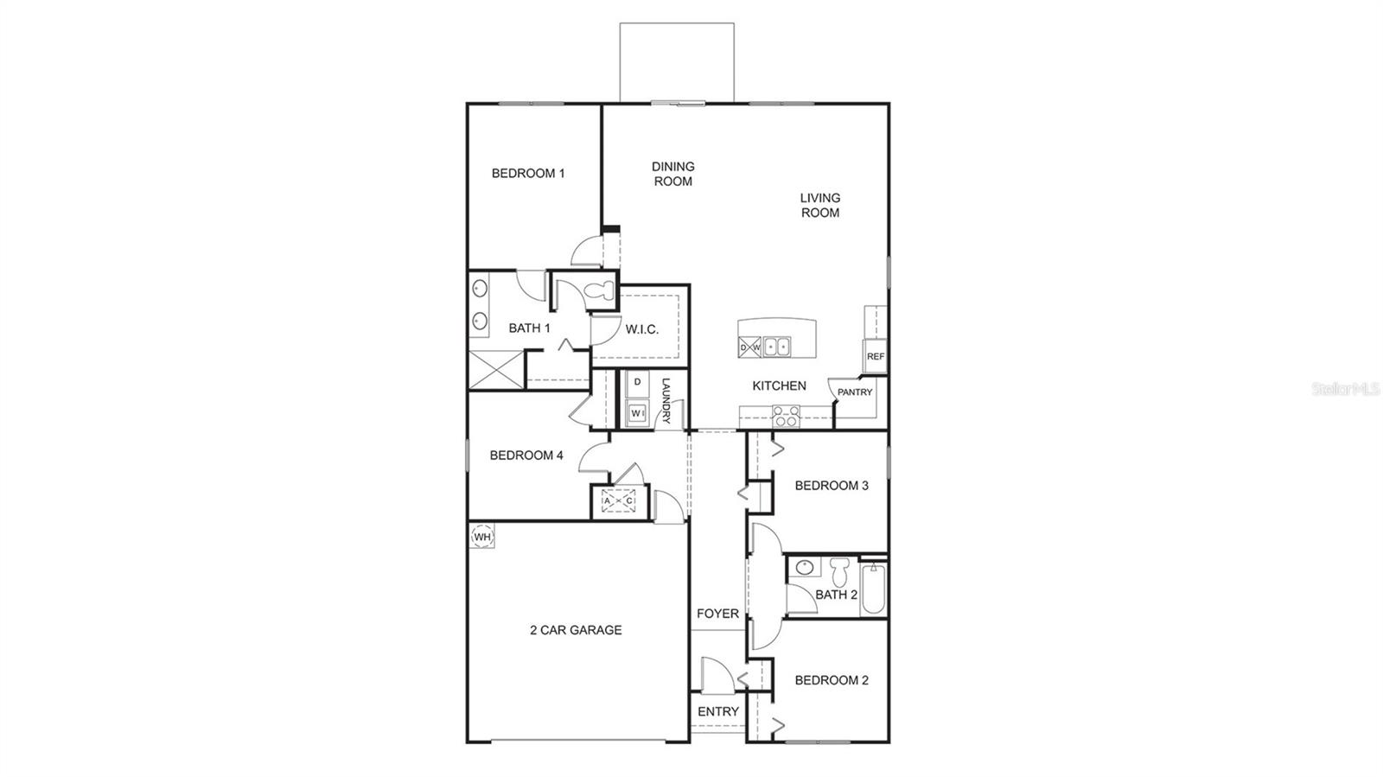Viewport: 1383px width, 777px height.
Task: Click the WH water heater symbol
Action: [x=482, y=537]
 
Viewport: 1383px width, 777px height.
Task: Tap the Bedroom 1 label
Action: [x=528, y=173]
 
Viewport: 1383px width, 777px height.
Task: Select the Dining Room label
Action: [x=673, y=174]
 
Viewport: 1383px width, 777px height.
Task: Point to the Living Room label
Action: [x=819, y=205]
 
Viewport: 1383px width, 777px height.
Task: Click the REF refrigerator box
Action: [x=875, y=356]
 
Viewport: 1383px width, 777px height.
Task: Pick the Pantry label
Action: [x=855, y=392]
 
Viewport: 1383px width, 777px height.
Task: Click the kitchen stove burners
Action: [x=785, y=417]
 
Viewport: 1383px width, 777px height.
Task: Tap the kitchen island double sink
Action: [x=776, y=347]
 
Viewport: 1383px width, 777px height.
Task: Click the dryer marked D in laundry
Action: [x=638, y=382]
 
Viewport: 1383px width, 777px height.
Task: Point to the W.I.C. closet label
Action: [x=642, y=329]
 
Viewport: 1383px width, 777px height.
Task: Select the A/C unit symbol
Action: [x=619, y=500]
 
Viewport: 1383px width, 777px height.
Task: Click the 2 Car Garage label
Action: [x=576, y=630]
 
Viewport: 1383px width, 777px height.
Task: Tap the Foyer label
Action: [x=717, y=614]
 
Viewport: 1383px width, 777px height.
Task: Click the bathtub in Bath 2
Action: [x=873, y=589]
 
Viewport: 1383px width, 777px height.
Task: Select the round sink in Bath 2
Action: [x=806, y=568]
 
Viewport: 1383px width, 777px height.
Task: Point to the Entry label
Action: [x=718, y=711]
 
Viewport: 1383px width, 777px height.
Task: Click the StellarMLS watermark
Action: [x=1345, y=390]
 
